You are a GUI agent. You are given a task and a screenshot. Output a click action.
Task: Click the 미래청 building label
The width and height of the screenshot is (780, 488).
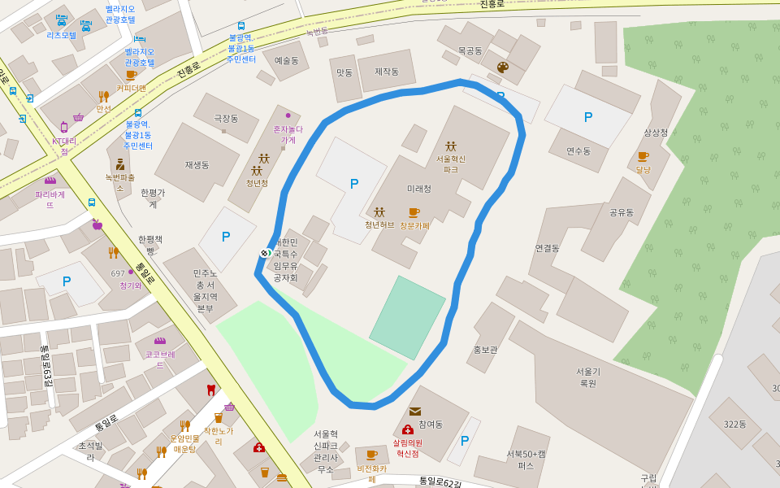pyautogui.click(x=419, y=189)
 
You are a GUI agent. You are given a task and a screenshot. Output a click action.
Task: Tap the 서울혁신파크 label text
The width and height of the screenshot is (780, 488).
pyautogui.click(x=451, y=164)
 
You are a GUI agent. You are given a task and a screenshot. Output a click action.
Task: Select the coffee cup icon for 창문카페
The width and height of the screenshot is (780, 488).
pyautogui.click(x=414, y=213)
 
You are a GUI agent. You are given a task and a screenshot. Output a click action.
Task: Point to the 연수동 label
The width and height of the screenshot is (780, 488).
pyautogui.click(x=578, y=151)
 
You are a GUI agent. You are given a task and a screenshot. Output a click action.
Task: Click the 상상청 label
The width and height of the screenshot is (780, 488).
pyautogui.click(x=656, y=133)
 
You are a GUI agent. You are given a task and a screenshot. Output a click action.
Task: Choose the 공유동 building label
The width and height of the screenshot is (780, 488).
pyautogui.click(x=622, y=212)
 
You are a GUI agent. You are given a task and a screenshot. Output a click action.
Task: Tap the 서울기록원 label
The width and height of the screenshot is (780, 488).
pyautogui.click(x=587, y=377)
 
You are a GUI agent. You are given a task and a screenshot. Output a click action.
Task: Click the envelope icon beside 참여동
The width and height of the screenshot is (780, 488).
pyautogui.click(x=415, y=412)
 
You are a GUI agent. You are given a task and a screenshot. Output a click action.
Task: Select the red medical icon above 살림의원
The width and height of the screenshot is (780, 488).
pyautogui.click(x=407, y=429)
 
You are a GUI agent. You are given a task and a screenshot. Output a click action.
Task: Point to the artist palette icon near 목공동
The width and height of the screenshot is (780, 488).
pyautogui.click(x=502, y=68)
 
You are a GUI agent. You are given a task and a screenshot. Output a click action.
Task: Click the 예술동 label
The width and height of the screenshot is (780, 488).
pyautogui.click(x=286, y=60)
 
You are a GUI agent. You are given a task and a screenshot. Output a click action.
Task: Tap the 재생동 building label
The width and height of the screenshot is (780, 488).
pyautogui.click(x=197, y=165)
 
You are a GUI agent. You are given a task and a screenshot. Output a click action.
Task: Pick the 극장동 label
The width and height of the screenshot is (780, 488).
pyautogui.click(x=226, y=119)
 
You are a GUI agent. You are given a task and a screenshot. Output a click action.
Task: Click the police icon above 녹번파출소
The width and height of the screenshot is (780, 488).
pyautogui.click(x=120, y=164)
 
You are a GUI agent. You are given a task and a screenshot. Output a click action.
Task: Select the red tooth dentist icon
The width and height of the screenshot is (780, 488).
pyautogui.click(x=211, y=390)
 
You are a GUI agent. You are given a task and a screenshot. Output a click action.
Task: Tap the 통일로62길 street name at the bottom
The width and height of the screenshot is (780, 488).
pyautogui.click(x=440, y=483)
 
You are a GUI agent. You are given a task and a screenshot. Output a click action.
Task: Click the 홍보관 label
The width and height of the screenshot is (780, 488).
pyautogui.click(x=485, y=350)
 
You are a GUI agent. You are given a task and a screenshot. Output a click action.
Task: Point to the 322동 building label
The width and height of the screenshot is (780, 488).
pyautogui.click(x=734, y=425)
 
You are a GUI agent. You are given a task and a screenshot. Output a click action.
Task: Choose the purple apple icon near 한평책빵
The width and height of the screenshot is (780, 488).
pyautogui.click(x=97, y=224)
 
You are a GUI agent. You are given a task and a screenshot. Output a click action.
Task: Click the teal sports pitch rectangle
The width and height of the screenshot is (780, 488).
pyautogui.click(x=408, y=318)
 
